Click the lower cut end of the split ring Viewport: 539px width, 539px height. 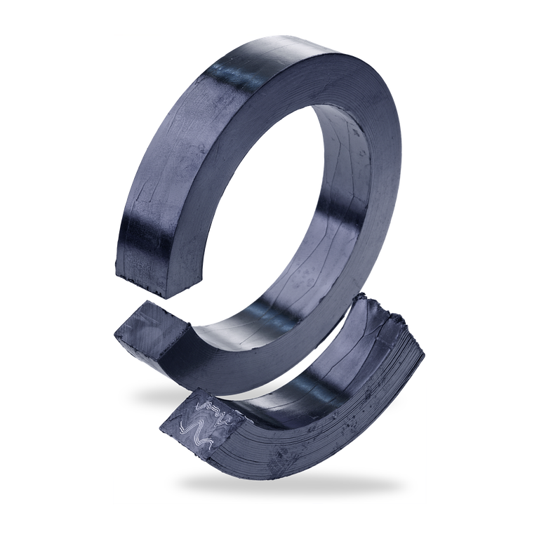[x=151, y=330]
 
